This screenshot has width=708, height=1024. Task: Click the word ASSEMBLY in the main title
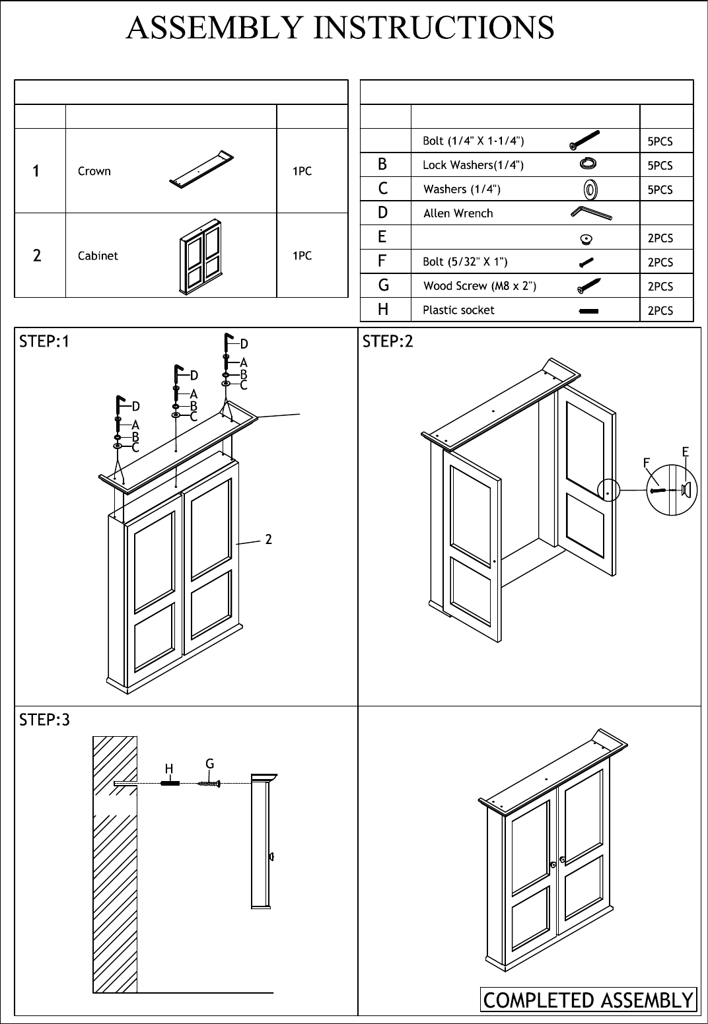click(x=214, y=28)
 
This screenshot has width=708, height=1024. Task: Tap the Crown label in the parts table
click(x=94, y=171)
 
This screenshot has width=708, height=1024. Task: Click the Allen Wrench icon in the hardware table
click(x=591, y=213)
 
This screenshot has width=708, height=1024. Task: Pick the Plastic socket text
click(x=458, y=310)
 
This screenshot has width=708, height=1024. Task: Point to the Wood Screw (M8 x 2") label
click(x=479, y=286)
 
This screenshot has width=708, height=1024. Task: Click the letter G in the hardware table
click(x=383, y=285)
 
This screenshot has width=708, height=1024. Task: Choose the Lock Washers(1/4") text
click(x=473, y=164)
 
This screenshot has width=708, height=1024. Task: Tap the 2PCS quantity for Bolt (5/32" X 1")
click(x=660, y=262)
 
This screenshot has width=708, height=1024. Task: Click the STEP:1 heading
click(x=44, y=341)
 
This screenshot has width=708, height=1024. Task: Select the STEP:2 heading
click(x=388, y=341)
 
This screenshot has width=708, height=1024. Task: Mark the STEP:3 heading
click(x=44, y=720)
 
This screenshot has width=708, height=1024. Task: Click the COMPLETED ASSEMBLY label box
click(x=588, y=1000)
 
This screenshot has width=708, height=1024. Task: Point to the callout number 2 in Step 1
click(x=269, y=539)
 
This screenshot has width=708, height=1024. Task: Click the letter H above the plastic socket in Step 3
click(x=169, y=769)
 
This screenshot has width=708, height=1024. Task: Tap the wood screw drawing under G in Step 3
click(x=209, y=784)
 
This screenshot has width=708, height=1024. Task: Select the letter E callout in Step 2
click(x=685, y=452)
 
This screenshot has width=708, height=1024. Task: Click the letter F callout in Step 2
click(x=647, y=463)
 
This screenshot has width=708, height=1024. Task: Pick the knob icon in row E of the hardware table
click(x=586, y=238)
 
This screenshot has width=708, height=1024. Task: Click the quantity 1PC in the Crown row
click(x=302, y=171)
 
